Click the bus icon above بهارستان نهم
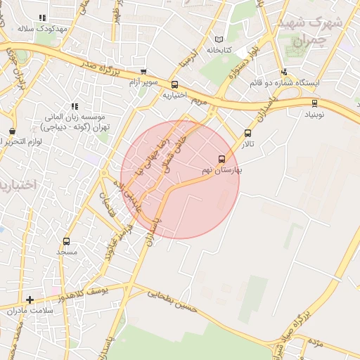coord(222,159)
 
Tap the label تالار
coord(247,144)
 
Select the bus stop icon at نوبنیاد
coord(314,103)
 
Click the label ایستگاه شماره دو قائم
coord(284,83)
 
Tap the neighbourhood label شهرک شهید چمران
coord(309,32)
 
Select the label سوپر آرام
coord(142,83)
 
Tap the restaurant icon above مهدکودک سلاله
coord(43,18)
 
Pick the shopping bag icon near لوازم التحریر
coord(12,131)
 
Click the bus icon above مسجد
coord(66,241)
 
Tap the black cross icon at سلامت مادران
coord(30,300)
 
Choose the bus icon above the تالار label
coord(247,133)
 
